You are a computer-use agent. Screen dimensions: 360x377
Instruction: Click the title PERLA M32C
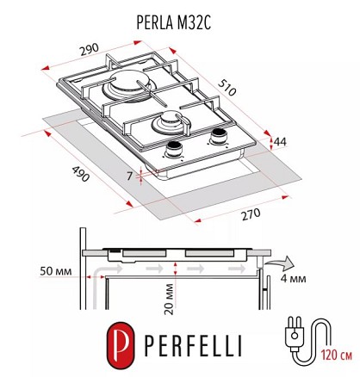click(174, 22)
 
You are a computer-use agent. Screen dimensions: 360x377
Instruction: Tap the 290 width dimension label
click(90, 50)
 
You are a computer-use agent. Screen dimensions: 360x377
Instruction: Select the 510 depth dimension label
click(227, 87)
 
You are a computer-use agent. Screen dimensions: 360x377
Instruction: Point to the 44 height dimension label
click(280, 142)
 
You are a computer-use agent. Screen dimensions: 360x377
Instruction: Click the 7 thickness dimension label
click(130, 176)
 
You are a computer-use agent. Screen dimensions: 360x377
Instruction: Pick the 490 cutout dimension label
click(80, 174)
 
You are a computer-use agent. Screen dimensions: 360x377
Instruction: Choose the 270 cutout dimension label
click(251, 214)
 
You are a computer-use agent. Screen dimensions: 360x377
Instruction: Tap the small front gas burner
click(171, 122)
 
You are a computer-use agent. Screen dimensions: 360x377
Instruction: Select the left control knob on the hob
click(173, 150)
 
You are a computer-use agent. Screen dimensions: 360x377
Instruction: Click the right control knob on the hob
click(218, 136)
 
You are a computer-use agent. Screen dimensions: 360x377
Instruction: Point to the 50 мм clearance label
click(56, 271)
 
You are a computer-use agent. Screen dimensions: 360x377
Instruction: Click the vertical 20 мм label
click(170, 300)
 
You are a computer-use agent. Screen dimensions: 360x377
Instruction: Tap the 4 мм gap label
click(293, 279)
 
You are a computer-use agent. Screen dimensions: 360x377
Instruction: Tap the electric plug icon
click(294, 332)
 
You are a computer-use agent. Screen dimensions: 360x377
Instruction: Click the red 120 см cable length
click(336, 355)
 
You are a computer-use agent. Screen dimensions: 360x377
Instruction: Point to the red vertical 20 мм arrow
click(175, 269)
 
